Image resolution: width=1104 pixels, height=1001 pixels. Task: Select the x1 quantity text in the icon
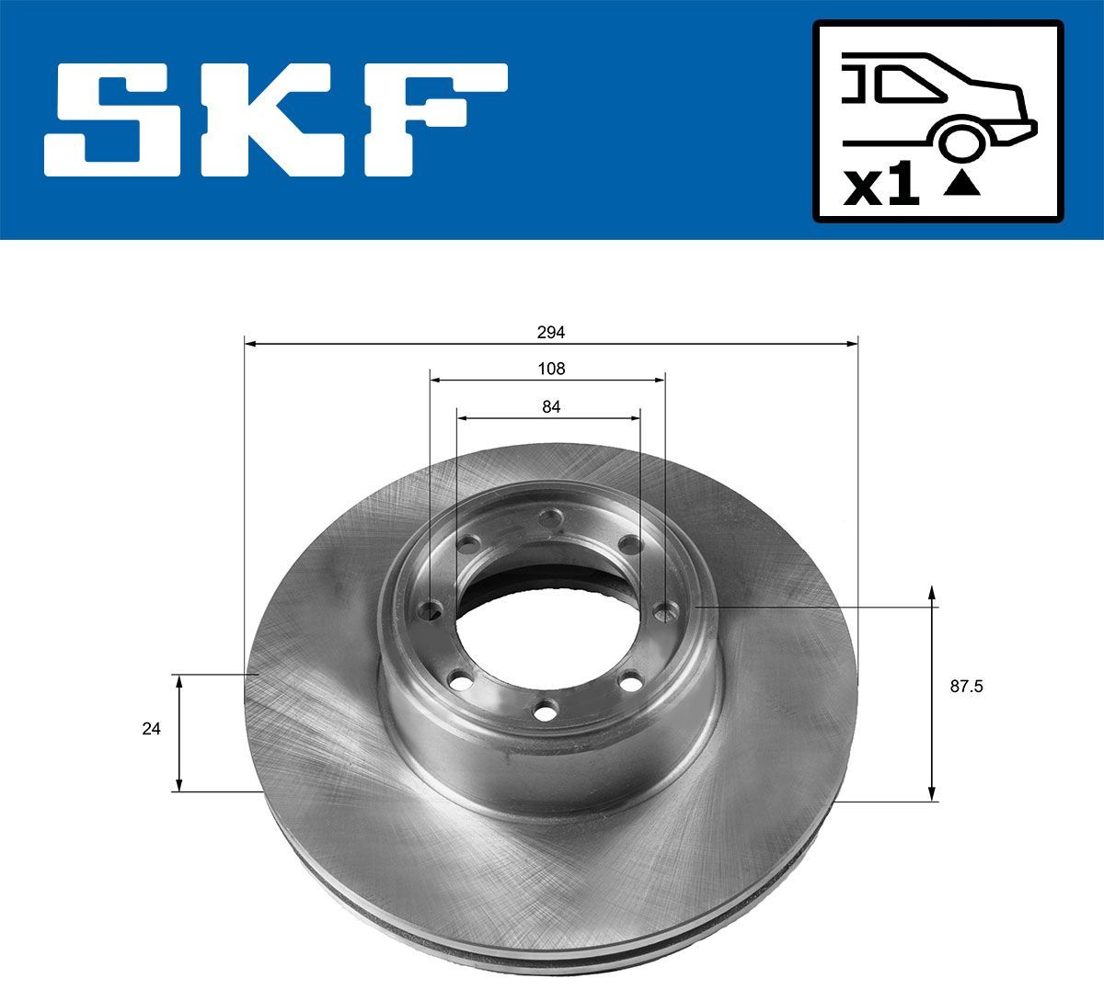pyautogui.click(x=881, y=187)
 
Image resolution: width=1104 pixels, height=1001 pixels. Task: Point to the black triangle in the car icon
pyautogui.click(x=962, y=185)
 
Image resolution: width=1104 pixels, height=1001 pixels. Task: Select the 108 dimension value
pyautogui.click(x=550, y=369)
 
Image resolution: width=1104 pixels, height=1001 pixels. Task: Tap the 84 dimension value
pyautogui.click(x=551, y=407)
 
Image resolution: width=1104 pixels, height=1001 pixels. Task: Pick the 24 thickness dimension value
pyautogui.click(x=151, y=729)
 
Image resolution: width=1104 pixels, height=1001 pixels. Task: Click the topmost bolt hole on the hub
pyautogui.click(x=551, y=520)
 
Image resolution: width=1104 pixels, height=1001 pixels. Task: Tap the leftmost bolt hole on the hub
pyautogui.click(x=429, y=610)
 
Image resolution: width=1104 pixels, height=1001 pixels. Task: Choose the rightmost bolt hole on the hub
pyautogui.click(x=664, y=609)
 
